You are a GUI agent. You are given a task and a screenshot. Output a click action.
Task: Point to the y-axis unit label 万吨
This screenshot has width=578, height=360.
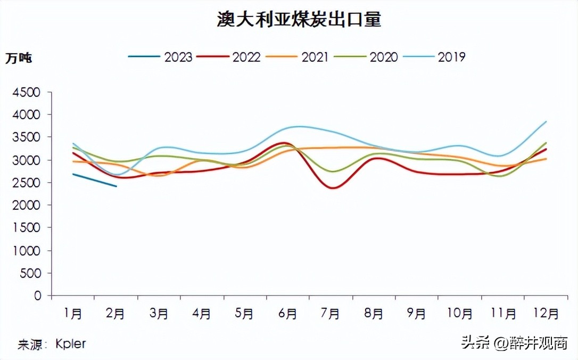click(x=19, y=58)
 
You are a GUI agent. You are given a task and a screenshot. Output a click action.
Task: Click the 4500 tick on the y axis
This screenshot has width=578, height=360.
click(x=26, y=93)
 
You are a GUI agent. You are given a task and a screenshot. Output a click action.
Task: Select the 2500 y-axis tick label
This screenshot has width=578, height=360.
click(x=26, y=183)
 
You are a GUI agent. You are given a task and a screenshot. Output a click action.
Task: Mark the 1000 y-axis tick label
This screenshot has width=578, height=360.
click(x=26, y=250)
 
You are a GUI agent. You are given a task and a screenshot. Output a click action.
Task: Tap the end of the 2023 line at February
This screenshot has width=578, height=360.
click(x=116, y=186)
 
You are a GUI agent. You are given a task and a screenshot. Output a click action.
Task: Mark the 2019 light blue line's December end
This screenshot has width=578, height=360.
click(x=546, y=121)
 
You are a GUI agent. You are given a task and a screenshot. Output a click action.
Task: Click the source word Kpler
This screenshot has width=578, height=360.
click(x=70, y=344)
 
